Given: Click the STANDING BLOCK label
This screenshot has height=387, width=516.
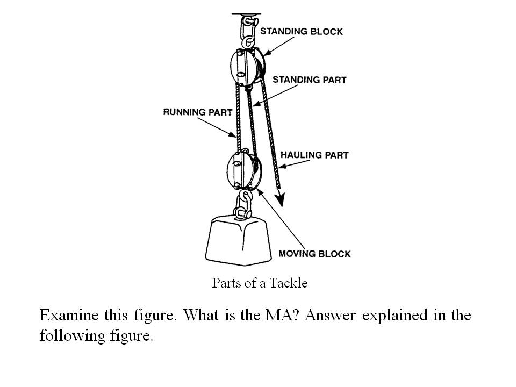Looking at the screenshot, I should (x=301, y=31).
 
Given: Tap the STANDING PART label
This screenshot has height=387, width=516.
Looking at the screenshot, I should (x=309, y=80).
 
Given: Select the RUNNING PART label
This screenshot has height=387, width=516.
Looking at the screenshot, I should (x=197, y=112).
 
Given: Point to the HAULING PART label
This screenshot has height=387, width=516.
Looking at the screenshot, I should (x=314, y=155).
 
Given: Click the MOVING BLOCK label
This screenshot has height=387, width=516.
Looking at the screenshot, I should (x=314, y=254).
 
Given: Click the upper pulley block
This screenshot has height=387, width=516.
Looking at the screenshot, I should (x=247, y=67).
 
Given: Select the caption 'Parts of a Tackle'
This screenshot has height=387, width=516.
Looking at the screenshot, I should (x=260, y=283).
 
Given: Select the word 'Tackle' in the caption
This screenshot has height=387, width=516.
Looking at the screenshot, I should (x=291, y=283).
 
